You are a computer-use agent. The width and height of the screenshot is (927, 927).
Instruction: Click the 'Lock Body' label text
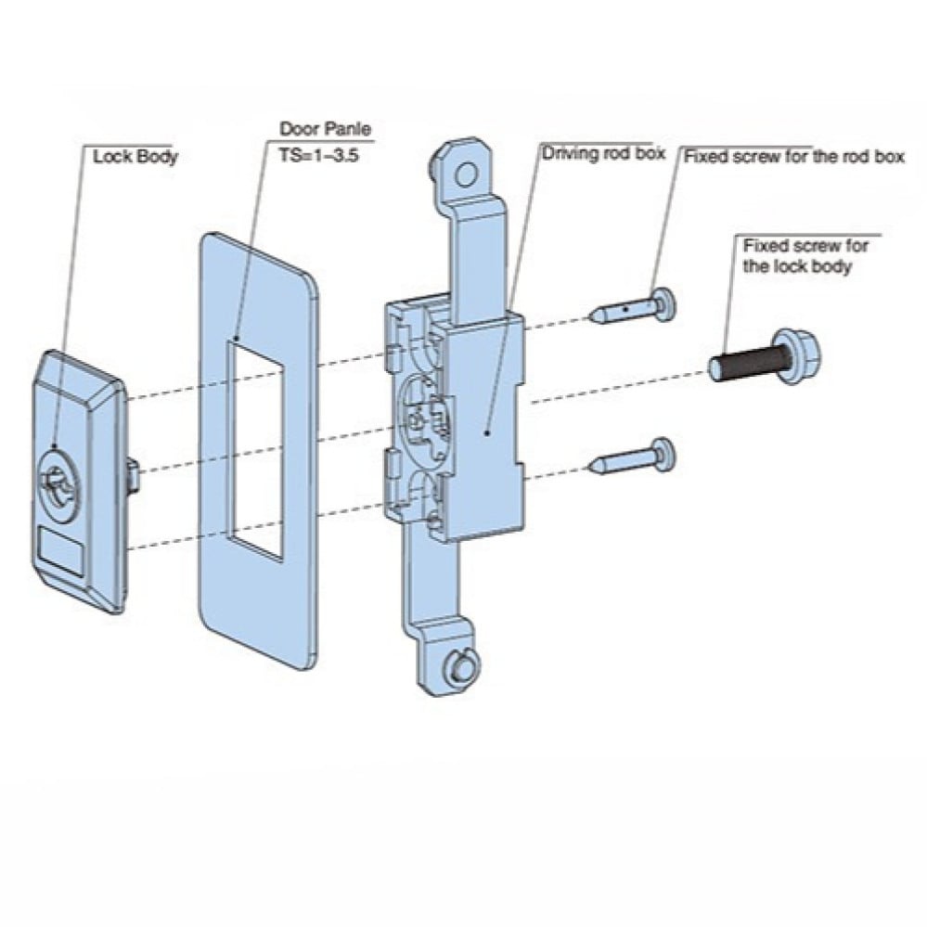click(x=135, y=155)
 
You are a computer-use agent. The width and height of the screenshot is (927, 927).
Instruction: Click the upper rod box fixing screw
click(x=640, y=306)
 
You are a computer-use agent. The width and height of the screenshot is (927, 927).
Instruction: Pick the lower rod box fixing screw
click(x=640, y=457)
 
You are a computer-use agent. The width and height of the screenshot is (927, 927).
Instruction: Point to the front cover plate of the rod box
click(x=484, y=430)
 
